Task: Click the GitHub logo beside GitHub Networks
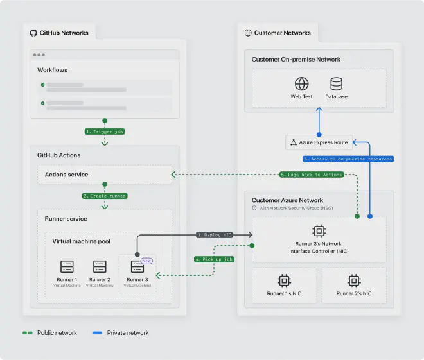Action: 34,33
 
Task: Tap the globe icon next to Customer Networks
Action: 248,33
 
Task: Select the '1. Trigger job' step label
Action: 105,131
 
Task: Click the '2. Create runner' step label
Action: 105,195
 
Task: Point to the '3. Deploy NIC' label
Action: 214,235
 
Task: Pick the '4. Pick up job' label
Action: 214,259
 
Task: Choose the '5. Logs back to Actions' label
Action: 310,174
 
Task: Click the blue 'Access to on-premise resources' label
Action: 347,159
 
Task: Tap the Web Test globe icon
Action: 302,84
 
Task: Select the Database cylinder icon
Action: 336,84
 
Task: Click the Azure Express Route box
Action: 319,142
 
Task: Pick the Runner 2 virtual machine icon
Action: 100,266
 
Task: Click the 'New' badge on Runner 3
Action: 145,261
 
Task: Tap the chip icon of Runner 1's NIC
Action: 283,280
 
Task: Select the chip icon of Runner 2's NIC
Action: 353,280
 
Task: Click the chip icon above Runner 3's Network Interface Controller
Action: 319,230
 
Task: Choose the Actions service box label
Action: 67,175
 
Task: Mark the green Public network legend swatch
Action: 27,333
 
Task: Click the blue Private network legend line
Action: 98,333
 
